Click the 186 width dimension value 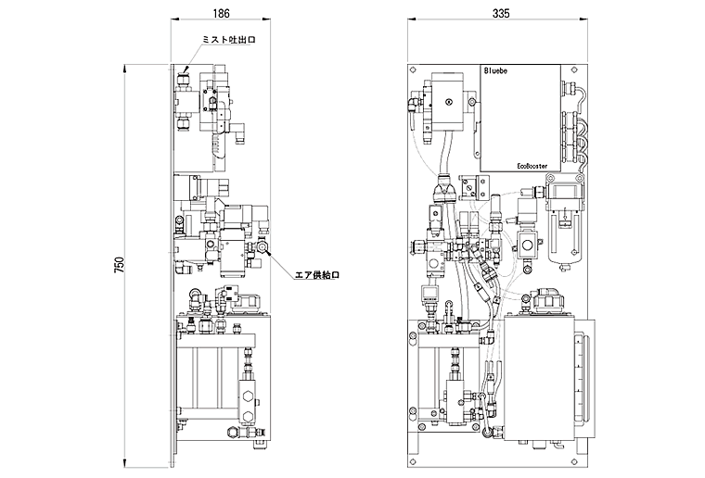pos(221,14)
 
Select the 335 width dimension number pos(501,14)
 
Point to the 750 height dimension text pos(119,266)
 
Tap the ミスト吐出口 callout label pos(229,40)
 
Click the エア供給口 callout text pos(316,275)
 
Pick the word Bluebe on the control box pos(495,71)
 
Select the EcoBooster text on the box pos(532,166)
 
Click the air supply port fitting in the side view pos(263,246)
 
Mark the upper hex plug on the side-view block pos(247,396)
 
